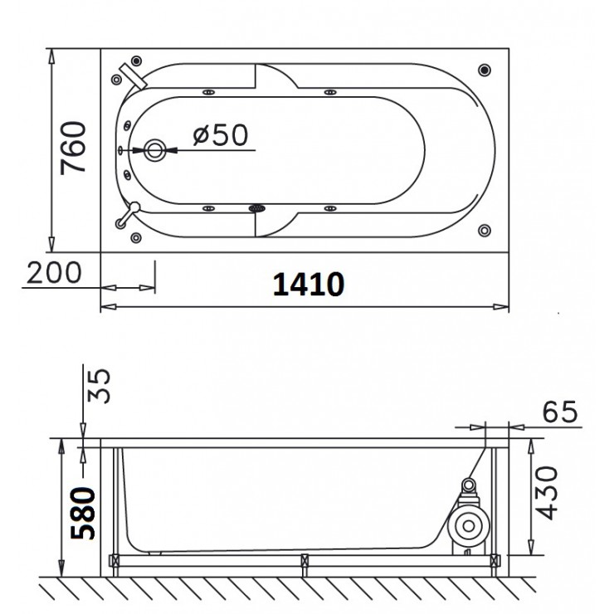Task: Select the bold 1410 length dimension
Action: (x=308, y=285)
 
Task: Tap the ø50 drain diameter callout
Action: (x=220, y=135)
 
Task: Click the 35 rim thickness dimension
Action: (x=99, y=387)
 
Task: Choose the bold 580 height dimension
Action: (x=86, y=514)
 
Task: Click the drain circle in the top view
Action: (x=155, y=150)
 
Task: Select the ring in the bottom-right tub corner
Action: (x=484, y=230)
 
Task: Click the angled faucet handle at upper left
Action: (x=132, y=75)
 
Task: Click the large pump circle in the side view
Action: (x=465, y=524)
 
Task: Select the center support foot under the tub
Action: (x=305, y=562)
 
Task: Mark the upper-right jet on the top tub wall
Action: (x=333, y=92)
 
